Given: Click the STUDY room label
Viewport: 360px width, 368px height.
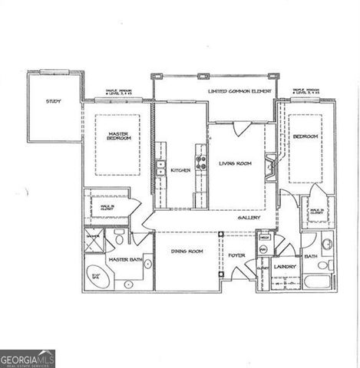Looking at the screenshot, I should point(53,101).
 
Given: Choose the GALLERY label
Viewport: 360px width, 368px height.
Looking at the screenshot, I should point(249,218).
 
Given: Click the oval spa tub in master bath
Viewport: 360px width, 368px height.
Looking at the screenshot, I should point(97,276).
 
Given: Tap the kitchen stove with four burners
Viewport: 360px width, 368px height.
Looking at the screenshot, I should point(201,163).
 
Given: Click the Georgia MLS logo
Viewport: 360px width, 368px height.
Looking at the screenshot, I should point(28,358).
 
